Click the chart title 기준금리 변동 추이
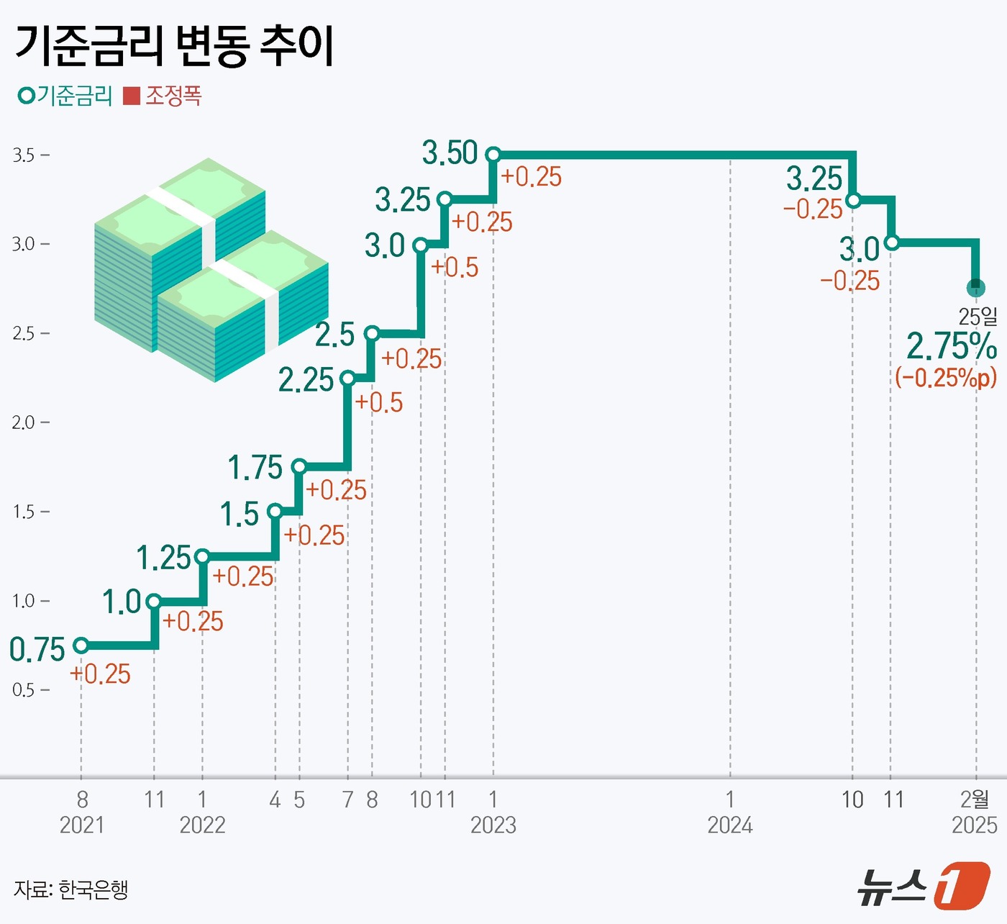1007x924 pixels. pyautogui.click(x=174, y=46)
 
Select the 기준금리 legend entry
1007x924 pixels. pyautogui.click(x=66, y=96)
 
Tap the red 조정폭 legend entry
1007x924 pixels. pyautogui.click(x=163, y=96)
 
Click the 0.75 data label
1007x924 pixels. pyautogui.click(x=37, y=650)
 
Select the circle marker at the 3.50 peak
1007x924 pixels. pyautogui.click(x=493, y=154)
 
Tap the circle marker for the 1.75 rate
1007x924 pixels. pyautogui.click(x=299, y=467)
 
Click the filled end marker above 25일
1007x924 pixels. pyautogui.click(x=975, y=288)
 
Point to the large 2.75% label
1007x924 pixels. pyautogui.click(x=951, y=346)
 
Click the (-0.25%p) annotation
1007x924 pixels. pyautogui.click(x=946, y=377)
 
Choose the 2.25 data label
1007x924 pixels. pyautogui.click(x=306, y=381)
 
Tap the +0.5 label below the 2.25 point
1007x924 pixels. pyautogui.click(x=379, y=403)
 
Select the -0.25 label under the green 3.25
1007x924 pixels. pyautogui.click(x=813, y=209)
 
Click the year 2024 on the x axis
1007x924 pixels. pyautogui.click(x=730, y=825)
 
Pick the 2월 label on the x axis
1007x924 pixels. pyautogui.click(x=975, y=799)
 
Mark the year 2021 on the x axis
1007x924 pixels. pyautogui.click(x=82, y=825)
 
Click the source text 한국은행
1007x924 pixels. pyautogui.click(x=93, y=889)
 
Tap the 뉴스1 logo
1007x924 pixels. pyautogui.click(x=924, y=885)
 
